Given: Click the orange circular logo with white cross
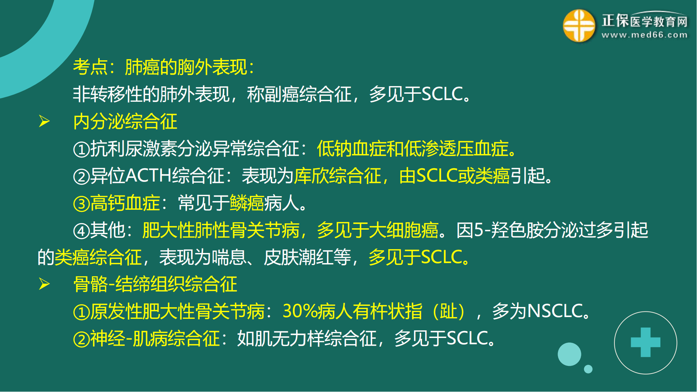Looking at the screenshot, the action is [579, 26].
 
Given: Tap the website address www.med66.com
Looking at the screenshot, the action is [645, 35].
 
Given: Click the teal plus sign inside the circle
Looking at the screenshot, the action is [645, 342].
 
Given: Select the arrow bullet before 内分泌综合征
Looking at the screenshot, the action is [44, 121].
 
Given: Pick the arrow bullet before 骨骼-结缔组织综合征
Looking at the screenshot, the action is [44, 284].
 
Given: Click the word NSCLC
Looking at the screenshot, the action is [556, 311].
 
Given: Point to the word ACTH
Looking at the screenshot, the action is [148, 175].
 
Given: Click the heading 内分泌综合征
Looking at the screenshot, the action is [125, 122].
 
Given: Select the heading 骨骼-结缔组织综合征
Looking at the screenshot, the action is [155, 284].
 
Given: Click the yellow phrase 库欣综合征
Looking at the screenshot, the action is [338, 176].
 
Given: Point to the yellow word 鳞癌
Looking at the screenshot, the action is [247, 203].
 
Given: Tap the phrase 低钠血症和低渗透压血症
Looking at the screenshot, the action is [413, 149].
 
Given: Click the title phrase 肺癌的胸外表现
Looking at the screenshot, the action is [186, 67].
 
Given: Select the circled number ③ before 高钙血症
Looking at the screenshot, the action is [82, 203].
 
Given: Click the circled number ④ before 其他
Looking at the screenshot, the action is [82, 231].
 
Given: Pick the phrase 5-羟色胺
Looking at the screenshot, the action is [508, 230].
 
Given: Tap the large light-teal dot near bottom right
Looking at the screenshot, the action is [569, 354].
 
